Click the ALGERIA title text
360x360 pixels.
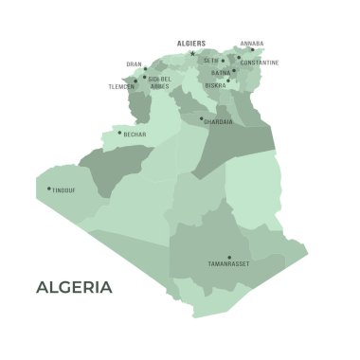(74, 287)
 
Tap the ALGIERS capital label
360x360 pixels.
(191, 43)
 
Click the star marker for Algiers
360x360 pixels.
(193, 53)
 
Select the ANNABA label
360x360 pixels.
(253, 43)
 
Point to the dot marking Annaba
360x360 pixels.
(252, 49)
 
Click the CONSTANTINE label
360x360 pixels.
(260, 63)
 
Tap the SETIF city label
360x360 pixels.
(210, 61)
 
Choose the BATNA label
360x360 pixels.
(220, 72)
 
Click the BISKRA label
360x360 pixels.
(215, 84)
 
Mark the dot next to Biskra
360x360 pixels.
(227, 81)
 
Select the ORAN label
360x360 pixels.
(134, 64)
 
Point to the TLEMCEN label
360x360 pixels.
(120, 86)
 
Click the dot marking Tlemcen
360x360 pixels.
(135, 81)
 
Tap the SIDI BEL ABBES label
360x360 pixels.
(159, 82)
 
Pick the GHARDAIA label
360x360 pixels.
(218, 122)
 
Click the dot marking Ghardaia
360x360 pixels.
(201, 118)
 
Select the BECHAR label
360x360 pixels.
(135, 135)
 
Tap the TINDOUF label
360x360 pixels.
(64, 189)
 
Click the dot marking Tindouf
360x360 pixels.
(49, 189)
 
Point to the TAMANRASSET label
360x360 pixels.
(228, 263)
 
